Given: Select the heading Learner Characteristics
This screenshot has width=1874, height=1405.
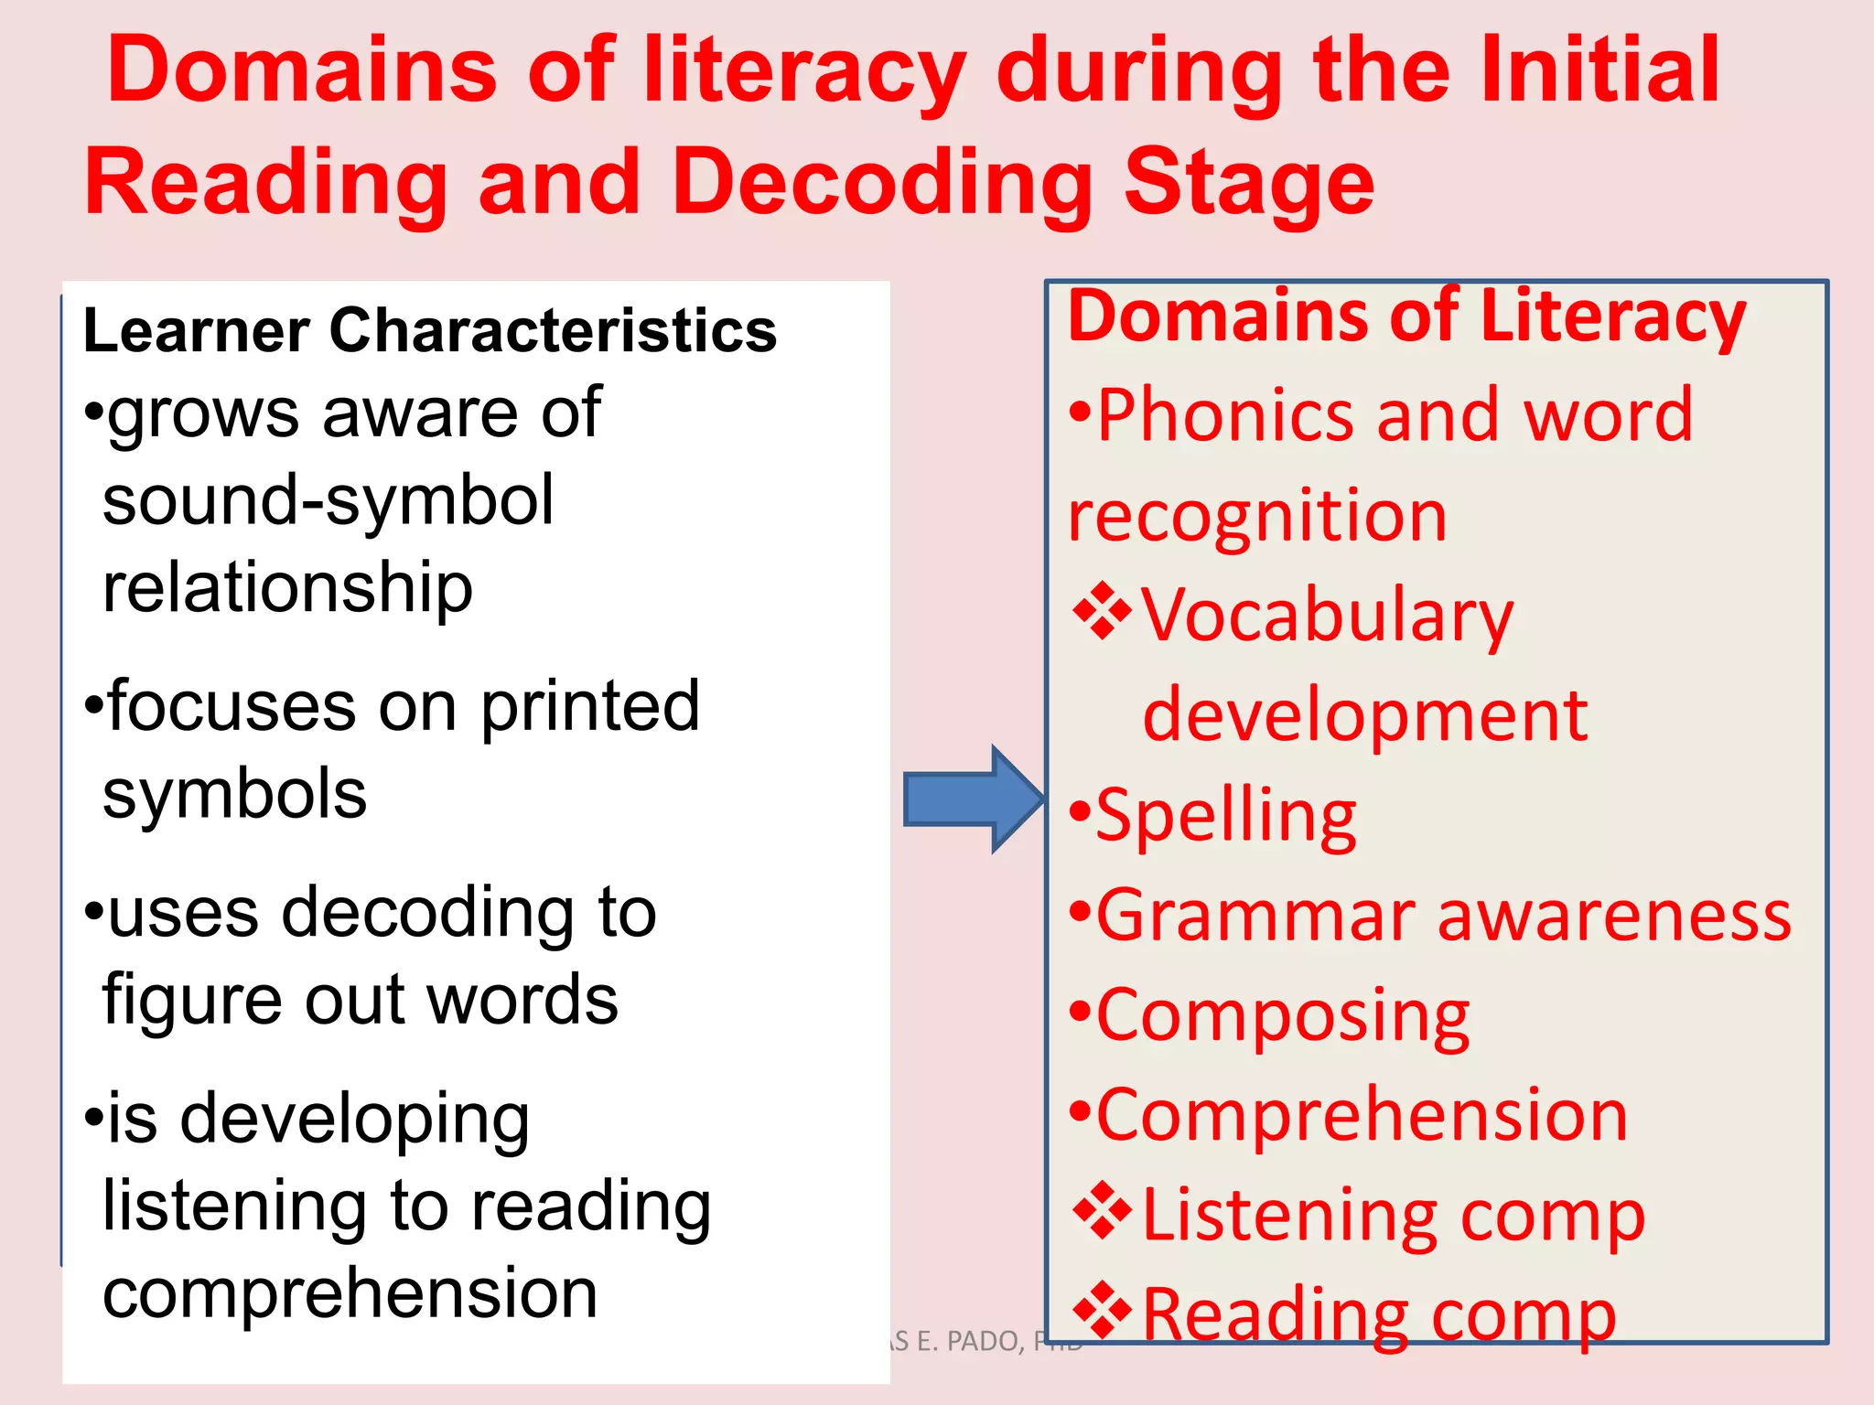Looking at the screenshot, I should [429, 330].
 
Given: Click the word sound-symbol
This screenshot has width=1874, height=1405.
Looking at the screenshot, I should [328, 500].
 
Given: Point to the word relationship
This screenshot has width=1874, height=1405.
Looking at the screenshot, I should [287, 589].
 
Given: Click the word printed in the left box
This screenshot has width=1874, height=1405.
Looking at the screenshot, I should [590, 706].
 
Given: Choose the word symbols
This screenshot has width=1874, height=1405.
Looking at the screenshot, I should [234, 794].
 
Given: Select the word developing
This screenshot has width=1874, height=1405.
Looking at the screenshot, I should [355, 1120].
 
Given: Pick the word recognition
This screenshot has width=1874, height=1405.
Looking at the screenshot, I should [1257, 517].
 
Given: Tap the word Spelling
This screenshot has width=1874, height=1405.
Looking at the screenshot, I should [1226, 816].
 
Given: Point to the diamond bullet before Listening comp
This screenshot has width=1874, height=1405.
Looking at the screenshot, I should [1103, 1211].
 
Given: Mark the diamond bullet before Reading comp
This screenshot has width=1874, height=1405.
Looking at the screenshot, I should [1103, 1311].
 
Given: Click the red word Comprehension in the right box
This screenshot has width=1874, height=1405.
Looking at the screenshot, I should [1362, 1116].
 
